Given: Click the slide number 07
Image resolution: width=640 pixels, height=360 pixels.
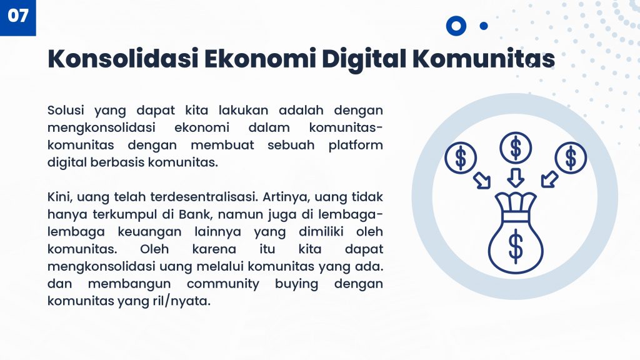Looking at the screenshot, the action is click(x=18, y=16).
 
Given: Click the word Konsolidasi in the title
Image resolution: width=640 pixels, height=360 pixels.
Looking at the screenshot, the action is click(x=123, y=58).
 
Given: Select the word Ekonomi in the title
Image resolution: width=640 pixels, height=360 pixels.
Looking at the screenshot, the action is click(x=260, y=58).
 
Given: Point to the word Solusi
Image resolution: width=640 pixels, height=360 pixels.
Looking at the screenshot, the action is click(x=66, y=110).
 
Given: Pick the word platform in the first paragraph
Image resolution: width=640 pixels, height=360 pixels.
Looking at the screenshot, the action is click(x=356, y=145).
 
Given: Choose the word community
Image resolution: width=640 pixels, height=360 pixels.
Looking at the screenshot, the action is click(x=223, y=284).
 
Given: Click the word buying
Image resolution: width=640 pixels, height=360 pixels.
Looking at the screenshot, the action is click(x=296, y=284).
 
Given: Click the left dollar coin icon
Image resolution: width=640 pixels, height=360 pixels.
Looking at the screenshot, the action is click(x=461, y=158).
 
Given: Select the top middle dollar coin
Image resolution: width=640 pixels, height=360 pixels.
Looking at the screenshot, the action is click(x=516, y=147).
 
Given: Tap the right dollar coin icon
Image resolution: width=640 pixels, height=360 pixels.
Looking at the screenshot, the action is click(x=571, y=158).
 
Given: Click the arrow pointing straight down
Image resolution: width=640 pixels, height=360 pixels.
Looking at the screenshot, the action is click(x=516, y=178).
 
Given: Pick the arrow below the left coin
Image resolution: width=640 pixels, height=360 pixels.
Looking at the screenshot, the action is click(x=482, y=181).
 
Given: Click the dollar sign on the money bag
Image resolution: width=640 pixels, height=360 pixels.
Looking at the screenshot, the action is click(x=516, y=246).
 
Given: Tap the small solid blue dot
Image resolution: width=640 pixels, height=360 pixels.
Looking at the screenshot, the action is click(x=484, y=26).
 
